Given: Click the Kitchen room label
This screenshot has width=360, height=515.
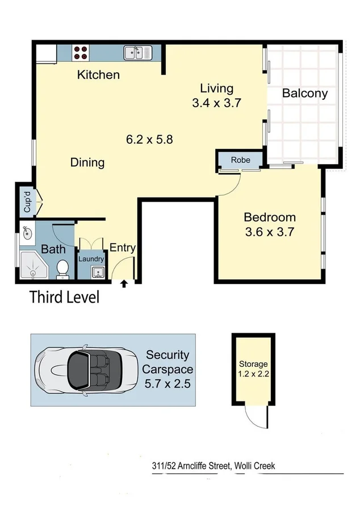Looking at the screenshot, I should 98,74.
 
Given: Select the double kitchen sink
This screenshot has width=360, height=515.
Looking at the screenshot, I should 136,53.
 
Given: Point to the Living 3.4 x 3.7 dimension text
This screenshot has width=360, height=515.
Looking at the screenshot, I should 217,95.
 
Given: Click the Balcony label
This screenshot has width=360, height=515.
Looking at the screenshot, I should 305,94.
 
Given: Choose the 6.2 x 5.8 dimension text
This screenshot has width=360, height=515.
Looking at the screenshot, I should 149,138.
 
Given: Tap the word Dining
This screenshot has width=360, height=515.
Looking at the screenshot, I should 87,162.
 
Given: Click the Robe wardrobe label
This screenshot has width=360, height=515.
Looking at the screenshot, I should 240,160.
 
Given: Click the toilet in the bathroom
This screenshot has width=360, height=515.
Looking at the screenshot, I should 63,269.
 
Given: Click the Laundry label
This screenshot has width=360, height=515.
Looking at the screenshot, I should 91,259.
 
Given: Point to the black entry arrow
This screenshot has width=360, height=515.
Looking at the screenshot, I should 124,282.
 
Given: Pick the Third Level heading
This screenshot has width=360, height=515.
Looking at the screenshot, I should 64,297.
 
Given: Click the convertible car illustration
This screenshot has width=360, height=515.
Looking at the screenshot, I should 86,370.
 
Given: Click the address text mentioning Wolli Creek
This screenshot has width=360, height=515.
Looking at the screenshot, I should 214,466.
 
